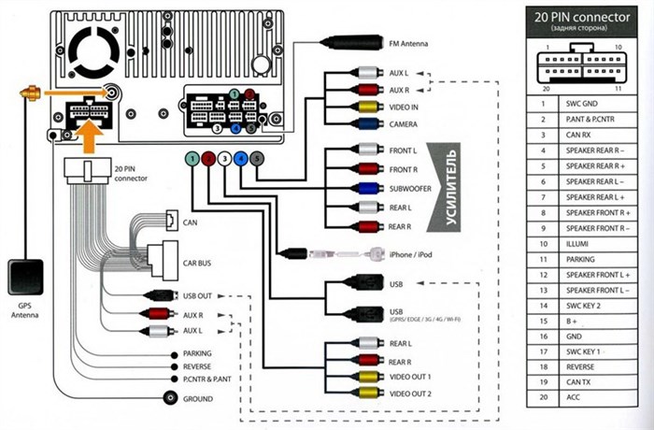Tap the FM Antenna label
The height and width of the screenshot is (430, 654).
point(409,43)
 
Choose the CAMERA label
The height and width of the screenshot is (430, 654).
point(404,123)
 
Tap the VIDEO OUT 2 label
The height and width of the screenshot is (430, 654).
point(411,393)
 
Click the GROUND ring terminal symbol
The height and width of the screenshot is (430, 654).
point(170,397)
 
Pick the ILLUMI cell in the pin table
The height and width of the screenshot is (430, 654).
point(578,242)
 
